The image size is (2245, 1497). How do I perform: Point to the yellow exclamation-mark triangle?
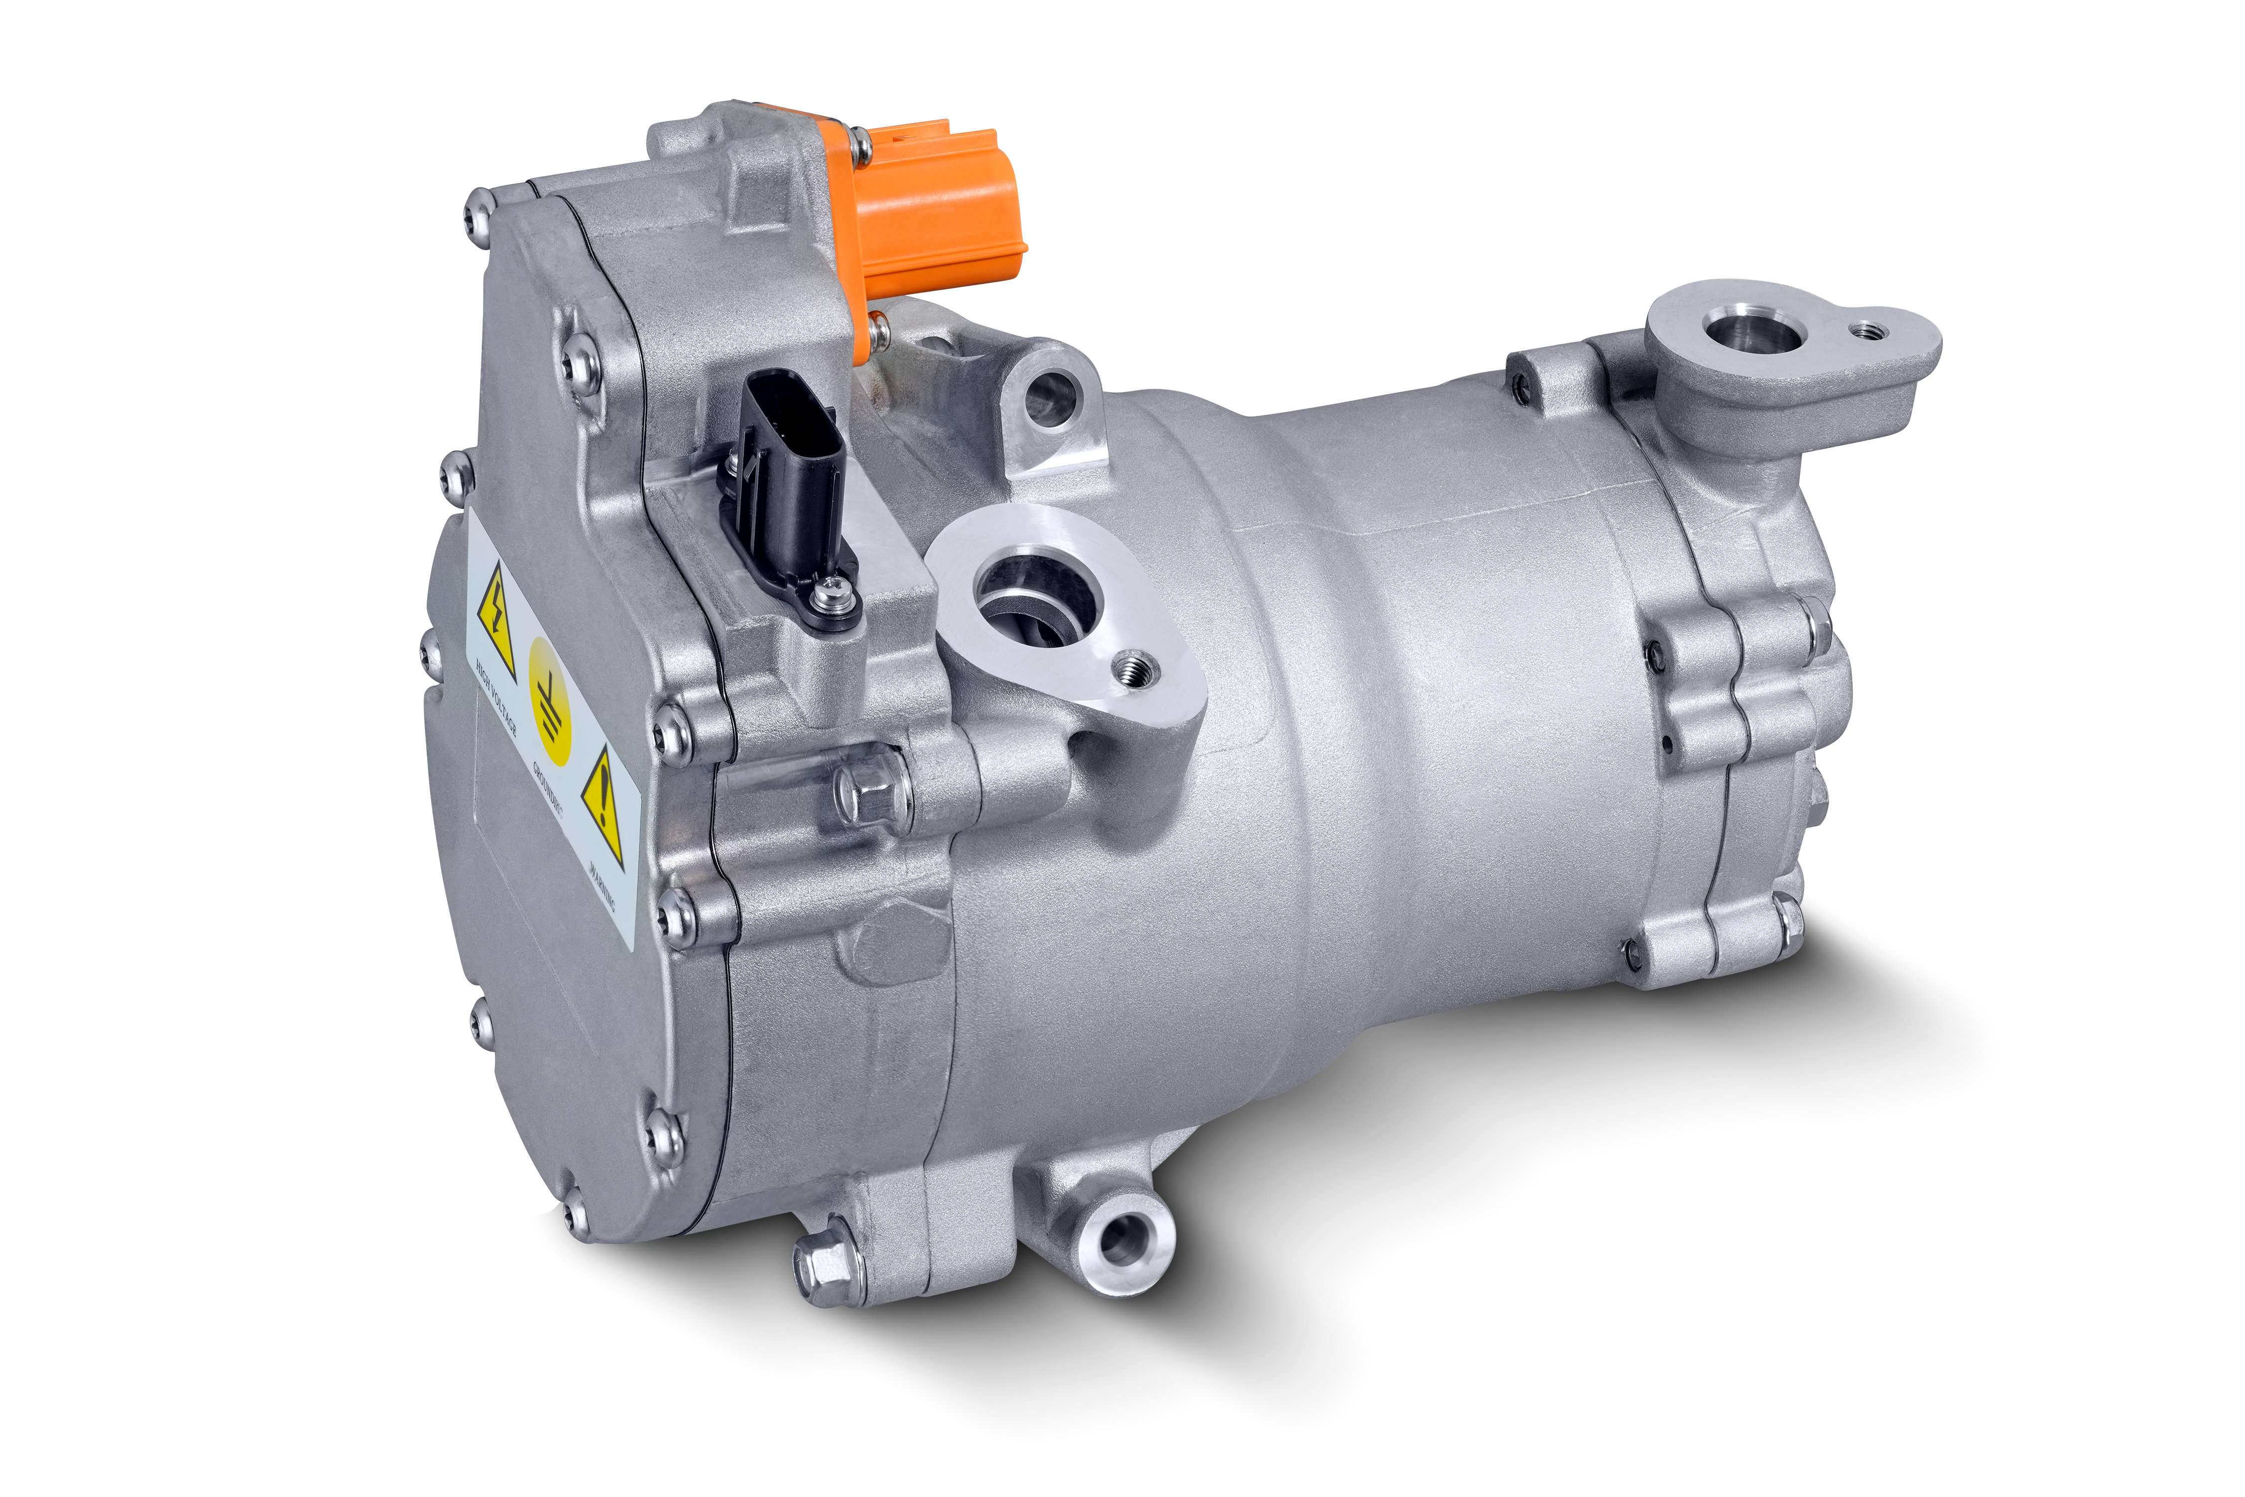(603, 802)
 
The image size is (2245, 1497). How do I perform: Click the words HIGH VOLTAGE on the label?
(496, 697)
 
